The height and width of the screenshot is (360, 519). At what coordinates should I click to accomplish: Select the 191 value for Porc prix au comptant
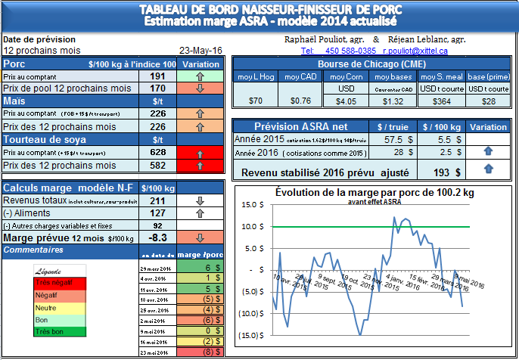157,76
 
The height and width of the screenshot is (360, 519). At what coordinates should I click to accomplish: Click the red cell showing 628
157,153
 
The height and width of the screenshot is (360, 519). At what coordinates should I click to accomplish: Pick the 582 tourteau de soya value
157,165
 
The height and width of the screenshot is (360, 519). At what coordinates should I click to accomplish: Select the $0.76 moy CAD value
300,100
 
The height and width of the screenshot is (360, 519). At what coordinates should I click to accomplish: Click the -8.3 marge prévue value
157,237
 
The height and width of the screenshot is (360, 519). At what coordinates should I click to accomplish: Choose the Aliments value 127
157,213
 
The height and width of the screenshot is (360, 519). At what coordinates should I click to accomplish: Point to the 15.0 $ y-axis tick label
249,204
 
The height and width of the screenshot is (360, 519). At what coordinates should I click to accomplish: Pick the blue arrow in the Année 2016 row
488,152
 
